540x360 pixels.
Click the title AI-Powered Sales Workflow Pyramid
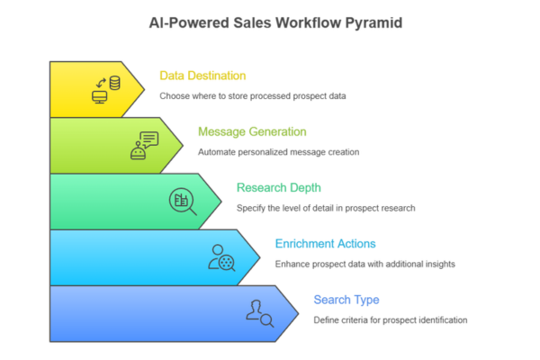[x=269, y=22]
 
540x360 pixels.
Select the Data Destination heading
[x=202, y=76]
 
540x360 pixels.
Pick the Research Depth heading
[x=280, y=188]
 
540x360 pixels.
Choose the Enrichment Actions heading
[x=325, y=244]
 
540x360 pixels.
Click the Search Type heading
[x=346, y=300]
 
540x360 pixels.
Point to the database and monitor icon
[x=107, y=89]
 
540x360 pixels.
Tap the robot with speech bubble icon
[x=144, y=145]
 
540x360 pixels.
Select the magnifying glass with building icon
[x=183, y=201]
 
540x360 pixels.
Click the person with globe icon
[x=221, y=257]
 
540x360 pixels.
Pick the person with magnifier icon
[x=259, y=313]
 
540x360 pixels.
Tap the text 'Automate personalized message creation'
[x=279, y=151]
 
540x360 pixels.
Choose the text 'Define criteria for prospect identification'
[x=391, y=319]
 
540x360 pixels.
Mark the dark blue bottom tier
[x=135, y=313]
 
